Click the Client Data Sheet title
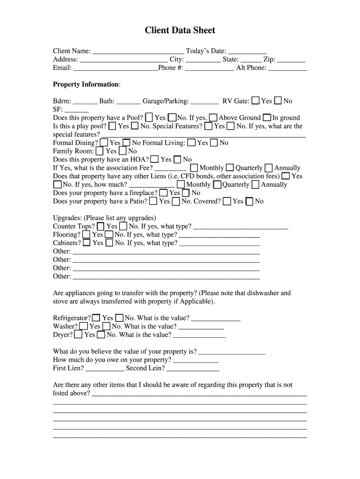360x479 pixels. pos(180,30)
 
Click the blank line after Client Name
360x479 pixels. pos(138,51)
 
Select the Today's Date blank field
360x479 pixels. pos(247,51)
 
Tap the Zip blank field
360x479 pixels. pos(291,60)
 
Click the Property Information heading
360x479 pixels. pos(86,84)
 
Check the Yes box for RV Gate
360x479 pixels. pos(256,101)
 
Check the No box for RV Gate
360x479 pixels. pos(278,101)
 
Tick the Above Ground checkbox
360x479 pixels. pos(213,117)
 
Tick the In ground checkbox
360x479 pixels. pos(267,117)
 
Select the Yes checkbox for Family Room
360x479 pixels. pos(101,151)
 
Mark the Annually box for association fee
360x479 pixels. pos(269,168)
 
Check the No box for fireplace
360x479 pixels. pos(186,193)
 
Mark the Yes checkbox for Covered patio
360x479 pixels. pos(227,202)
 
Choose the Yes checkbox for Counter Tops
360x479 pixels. pos(101,226)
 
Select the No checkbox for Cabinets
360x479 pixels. pos(109,243)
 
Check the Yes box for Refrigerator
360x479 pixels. pos(96,318)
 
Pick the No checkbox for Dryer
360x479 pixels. pos(101,335)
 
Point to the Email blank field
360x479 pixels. pos(115,68)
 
